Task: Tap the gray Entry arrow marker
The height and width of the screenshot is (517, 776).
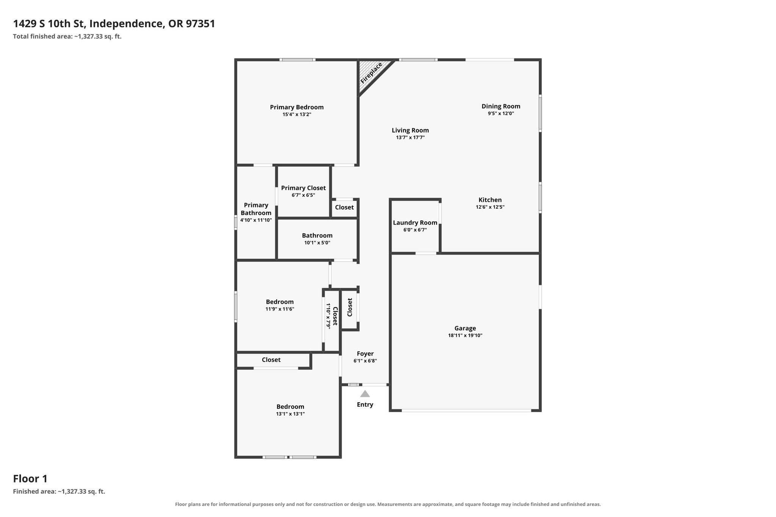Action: [365, 394]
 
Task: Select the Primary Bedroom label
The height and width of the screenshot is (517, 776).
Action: [297, 107]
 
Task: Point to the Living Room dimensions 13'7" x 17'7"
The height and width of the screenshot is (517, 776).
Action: [410, 137]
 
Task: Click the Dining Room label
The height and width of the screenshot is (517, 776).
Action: [501, 106]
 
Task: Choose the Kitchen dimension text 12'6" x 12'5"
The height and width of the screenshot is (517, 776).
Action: [490, 207]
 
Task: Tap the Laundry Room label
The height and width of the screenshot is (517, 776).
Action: [415, 223]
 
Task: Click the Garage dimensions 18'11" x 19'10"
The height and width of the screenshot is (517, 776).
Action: [465, 335]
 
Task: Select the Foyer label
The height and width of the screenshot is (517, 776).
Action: [365, 354]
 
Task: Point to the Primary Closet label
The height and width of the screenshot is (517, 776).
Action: [304, 188]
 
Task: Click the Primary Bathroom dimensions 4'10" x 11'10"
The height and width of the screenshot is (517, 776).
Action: [256, 220]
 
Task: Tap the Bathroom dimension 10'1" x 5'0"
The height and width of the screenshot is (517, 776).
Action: [318, 243]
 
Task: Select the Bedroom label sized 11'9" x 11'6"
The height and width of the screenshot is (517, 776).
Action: [280, 302]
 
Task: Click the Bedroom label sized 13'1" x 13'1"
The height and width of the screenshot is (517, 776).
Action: [290, 407]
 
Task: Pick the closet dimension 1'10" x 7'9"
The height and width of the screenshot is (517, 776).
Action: [329, 316]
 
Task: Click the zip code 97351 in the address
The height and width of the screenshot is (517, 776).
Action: [201, 24]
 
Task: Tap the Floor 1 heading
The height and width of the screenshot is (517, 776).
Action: [30, 479]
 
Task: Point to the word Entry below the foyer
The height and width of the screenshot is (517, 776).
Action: [365, 405]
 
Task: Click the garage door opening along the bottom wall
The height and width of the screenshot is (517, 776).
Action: [466, 410]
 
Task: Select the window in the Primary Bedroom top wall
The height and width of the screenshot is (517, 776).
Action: [297, 59]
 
